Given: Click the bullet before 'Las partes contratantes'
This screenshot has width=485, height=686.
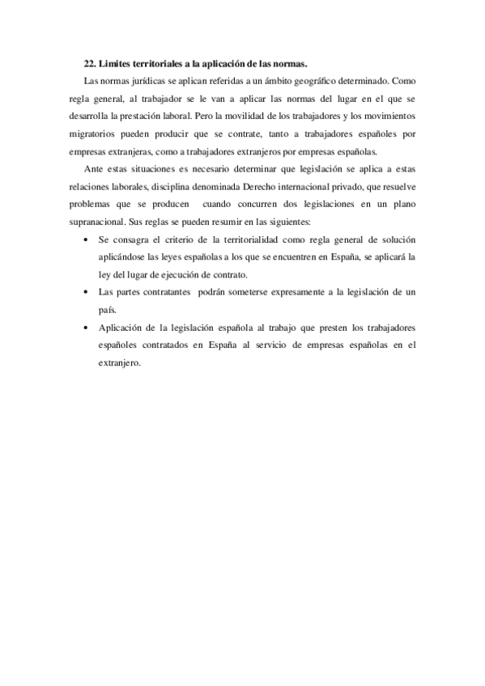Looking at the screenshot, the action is coord(87,292).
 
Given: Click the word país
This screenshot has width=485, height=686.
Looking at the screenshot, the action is coord(106,310).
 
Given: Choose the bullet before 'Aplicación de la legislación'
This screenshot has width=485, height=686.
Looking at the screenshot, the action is coord(87,328).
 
